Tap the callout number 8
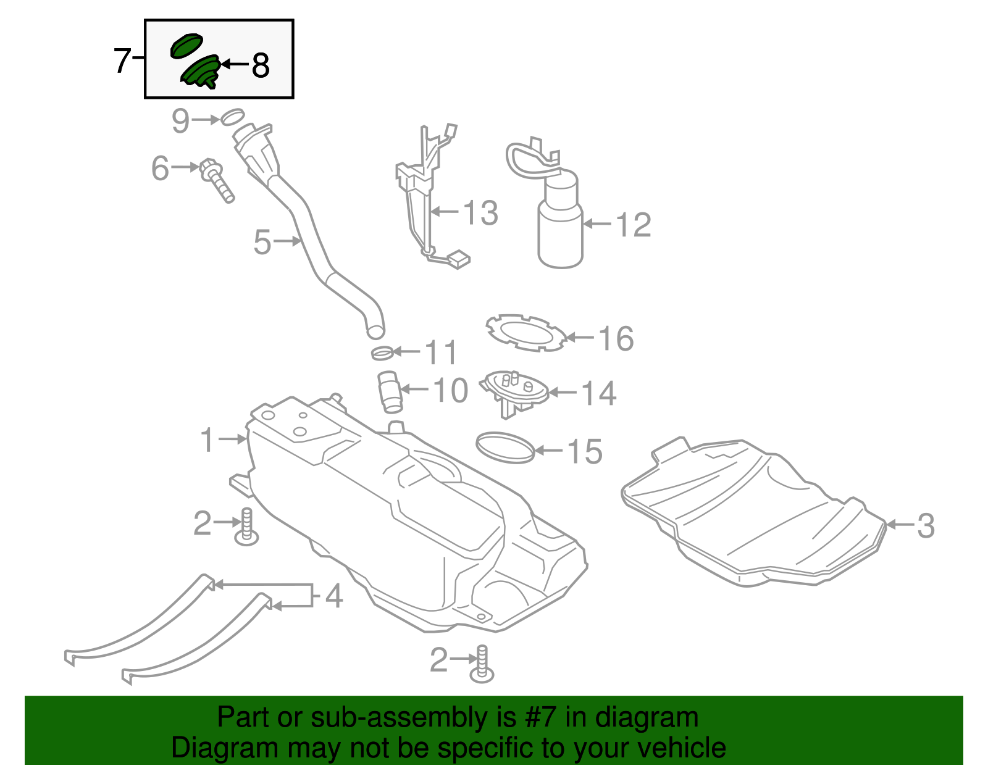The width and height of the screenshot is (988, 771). [x=261, y=65]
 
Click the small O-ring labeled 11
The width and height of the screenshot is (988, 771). [x=382, y=354]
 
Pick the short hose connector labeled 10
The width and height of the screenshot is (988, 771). [x=390, y=391]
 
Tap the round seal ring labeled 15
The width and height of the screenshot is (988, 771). [x=504, y=448]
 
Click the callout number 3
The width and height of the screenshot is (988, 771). [x=925, y=525]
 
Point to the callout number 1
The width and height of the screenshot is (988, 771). [x=207, y=440]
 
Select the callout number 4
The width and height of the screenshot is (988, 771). [x=333, y=596]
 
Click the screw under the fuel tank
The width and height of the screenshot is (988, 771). [x=482, y=665]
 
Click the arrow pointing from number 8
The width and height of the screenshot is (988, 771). [x=234, y=64]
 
